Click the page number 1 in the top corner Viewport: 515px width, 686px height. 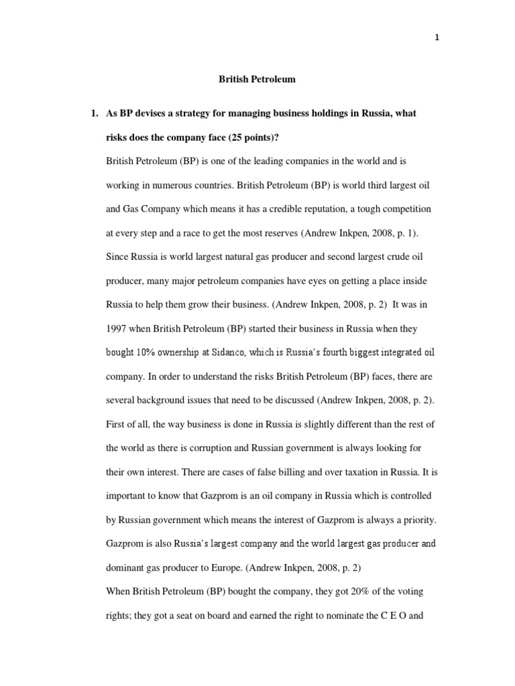(437, 38)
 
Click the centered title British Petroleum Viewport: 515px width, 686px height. (257, 79)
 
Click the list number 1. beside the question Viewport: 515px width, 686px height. (95, 113)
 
